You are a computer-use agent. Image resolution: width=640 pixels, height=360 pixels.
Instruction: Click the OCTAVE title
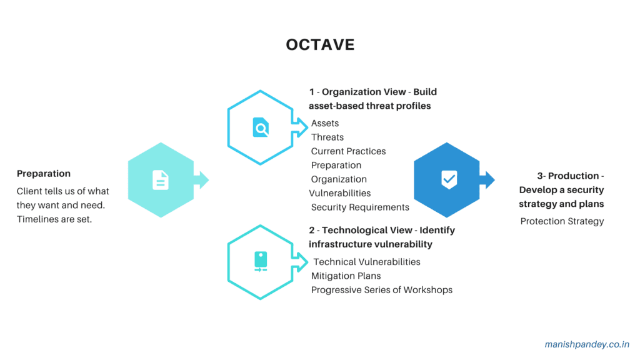coord(320,45)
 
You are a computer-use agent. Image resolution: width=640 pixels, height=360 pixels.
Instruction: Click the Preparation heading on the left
coord(44,174)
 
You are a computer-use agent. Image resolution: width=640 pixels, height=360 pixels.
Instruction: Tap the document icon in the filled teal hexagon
coord(161,180)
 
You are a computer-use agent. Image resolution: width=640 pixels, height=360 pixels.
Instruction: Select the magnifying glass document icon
coord(261,127)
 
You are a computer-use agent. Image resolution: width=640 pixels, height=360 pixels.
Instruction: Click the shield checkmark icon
coord(449,179)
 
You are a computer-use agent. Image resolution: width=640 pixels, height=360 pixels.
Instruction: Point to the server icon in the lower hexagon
coord(261,261)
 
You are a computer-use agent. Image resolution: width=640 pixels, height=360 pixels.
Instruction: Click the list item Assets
coord(325,123)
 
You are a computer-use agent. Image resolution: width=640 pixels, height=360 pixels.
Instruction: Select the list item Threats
coord(327,137)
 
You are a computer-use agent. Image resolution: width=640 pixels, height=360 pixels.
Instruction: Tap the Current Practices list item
coord(348,151)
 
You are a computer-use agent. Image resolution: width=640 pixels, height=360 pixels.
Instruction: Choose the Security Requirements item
coord(360,207)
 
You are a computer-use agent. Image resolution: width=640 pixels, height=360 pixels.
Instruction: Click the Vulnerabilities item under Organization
coord(340,193)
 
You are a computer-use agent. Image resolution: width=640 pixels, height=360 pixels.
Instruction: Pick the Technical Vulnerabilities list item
coord(367,262)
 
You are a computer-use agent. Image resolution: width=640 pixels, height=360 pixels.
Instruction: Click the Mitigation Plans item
coord(346,276)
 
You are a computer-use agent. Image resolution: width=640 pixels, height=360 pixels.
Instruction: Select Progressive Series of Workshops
coord(381,290)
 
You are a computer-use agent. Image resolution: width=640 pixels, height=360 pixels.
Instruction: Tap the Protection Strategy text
coord(562,221)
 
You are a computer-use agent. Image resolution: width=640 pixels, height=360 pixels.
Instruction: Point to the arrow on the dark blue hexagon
coord(487,180)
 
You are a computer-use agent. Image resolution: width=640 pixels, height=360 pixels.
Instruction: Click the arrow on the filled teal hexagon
coord(201,180)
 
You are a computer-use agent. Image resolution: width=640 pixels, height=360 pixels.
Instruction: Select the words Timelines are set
coord(54,219)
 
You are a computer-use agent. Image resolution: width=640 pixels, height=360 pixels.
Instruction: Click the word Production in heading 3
coord(573,176)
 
